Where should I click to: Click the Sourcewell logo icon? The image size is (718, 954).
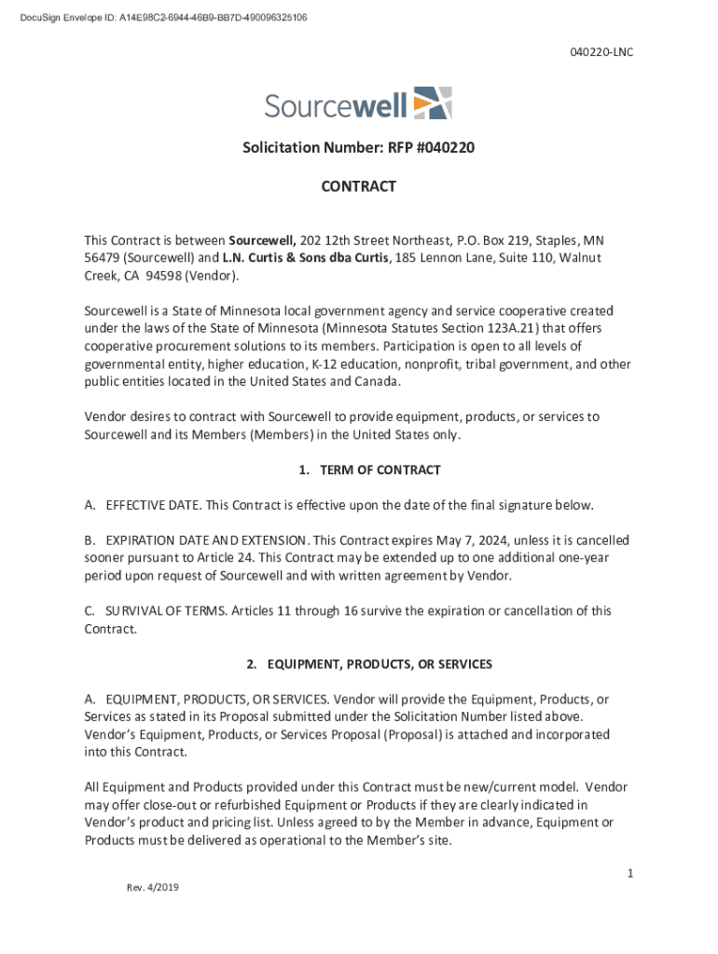pyautogui.click(x=432, y=102)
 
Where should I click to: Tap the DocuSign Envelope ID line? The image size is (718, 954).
pyautogui.click(x=156, y=18)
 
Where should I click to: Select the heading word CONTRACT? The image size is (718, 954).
pyautogui.click(x=359, y=186)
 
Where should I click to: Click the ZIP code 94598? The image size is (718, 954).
pyautogui.click(x=161, y=276)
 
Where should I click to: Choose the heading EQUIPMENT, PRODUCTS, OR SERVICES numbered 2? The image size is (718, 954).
pyautogui.click(x=380, y=664)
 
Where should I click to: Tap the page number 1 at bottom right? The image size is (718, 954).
pyautogui.click(x=630, y=873)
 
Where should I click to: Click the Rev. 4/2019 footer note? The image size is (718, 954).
pyautogui.click(x=153, y=887)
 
